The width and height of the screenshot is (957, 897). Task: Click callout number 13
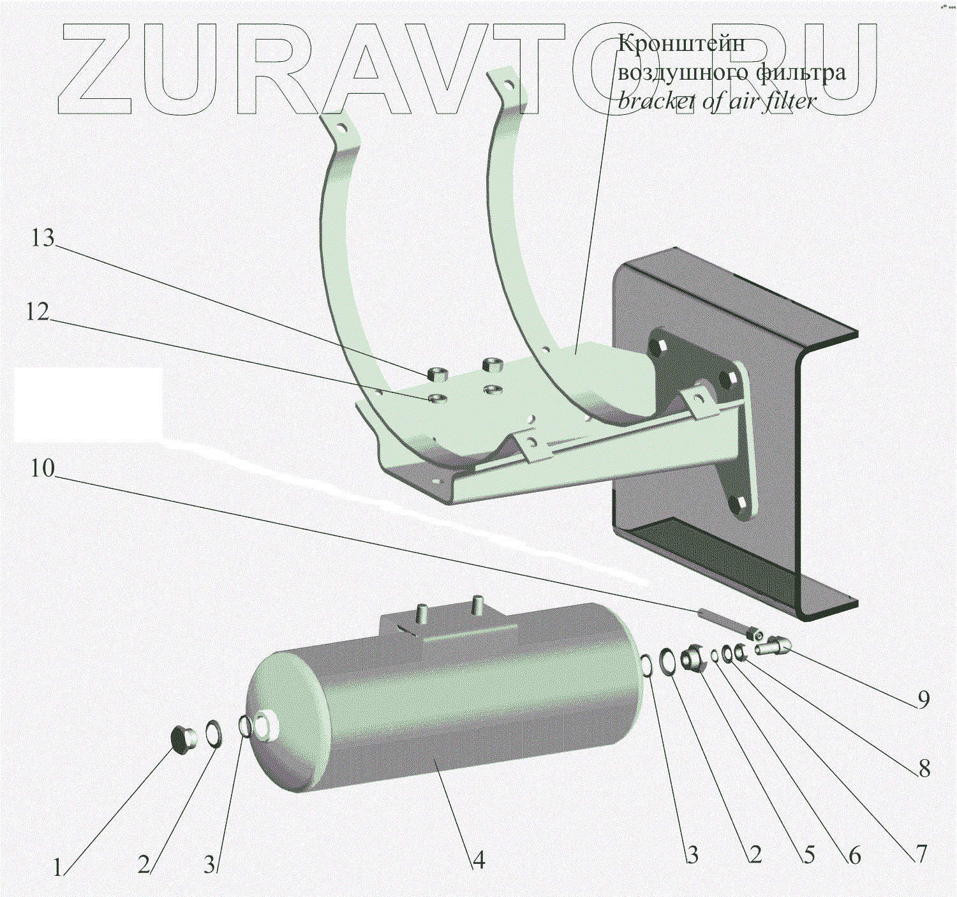point(43,239)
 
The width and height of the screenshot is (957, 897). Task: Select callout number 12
point(38,312)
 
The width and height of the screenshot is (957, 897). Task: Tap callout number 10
point(43,469)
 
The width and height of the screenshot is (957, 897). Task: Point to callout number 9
point(923,700)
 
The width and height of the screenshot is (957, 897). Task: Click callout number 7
point(921,854)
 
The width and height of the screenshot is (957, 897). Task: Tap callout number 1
point(57,868)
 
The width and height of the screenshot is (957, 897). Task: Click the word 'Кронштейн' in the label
point(681,43)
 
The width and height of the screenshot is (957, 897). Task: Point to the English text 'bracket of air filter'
point(716,101)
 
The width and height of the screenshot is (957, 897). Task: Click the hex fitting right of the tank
point(694,659)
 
